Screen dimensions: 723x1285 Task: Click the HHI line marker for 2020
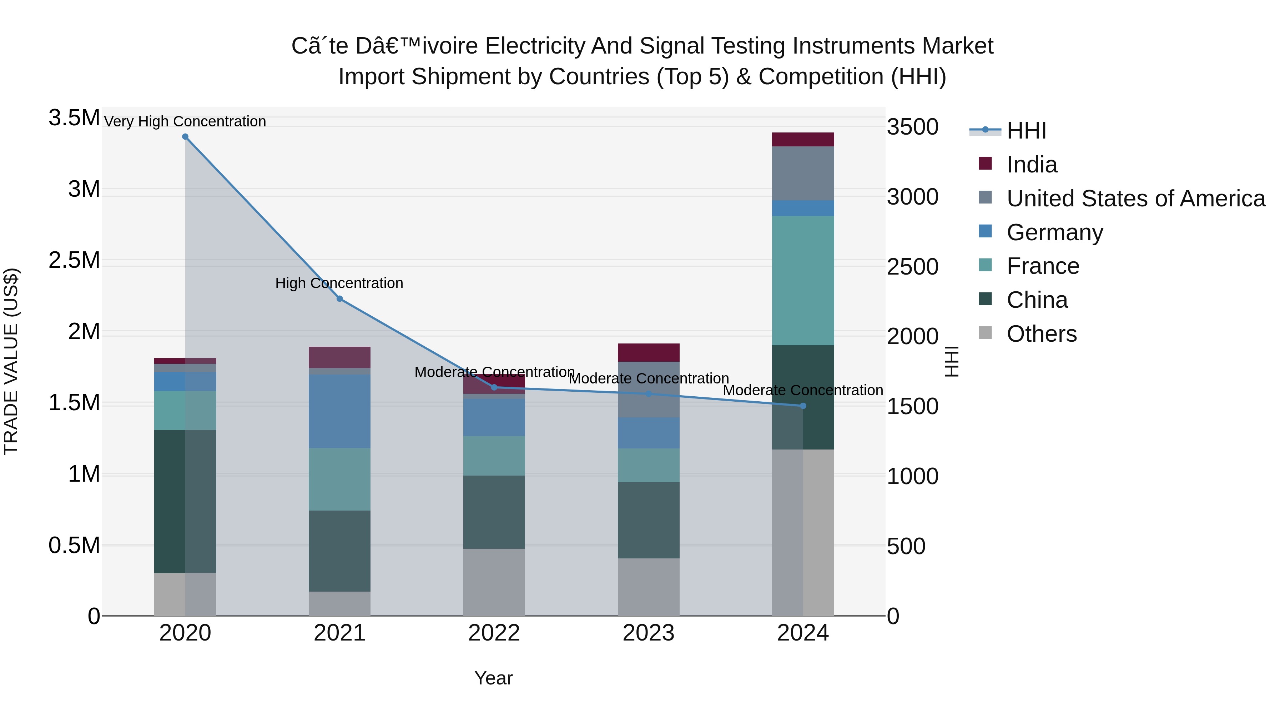tap(185, 137)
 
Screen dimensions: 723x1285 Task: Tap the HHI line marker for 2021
tap(340, 299)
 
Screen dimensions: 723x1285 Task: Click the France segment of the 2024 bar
tap(803, 280)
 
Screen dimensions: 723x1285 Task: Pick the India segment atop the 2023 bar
tap(649, 352)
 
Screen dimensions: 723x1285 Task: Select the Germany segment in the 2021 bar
tap(340, 411)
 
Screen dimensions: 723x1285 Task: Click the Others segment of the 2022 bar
tap(494, 582)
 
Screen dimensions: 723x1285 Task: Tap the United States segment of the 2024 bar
tap(803, 173)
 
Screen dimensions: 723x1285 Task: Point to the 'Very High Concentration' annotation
tap(185, 121)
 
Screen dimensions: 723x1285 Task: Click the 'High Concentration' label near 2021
tap(339, 283)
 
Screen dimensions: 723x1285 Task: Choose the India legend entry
tap(1031, 165)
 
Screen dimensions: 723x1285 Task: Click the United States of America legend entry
tap(1135, 199)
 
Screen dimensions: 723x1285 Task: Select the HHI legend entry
tap(1026, 131)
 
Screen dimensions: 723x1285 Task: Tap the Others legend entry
tap(1041, 334)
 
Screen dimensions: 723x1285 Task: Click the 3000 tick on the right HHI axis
tap(912, 197)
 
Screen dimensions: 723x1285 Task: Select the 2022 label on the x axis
tap(494, 633)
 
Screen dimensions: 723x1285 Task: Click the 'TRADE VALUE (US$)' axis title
tap(11, 361)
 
